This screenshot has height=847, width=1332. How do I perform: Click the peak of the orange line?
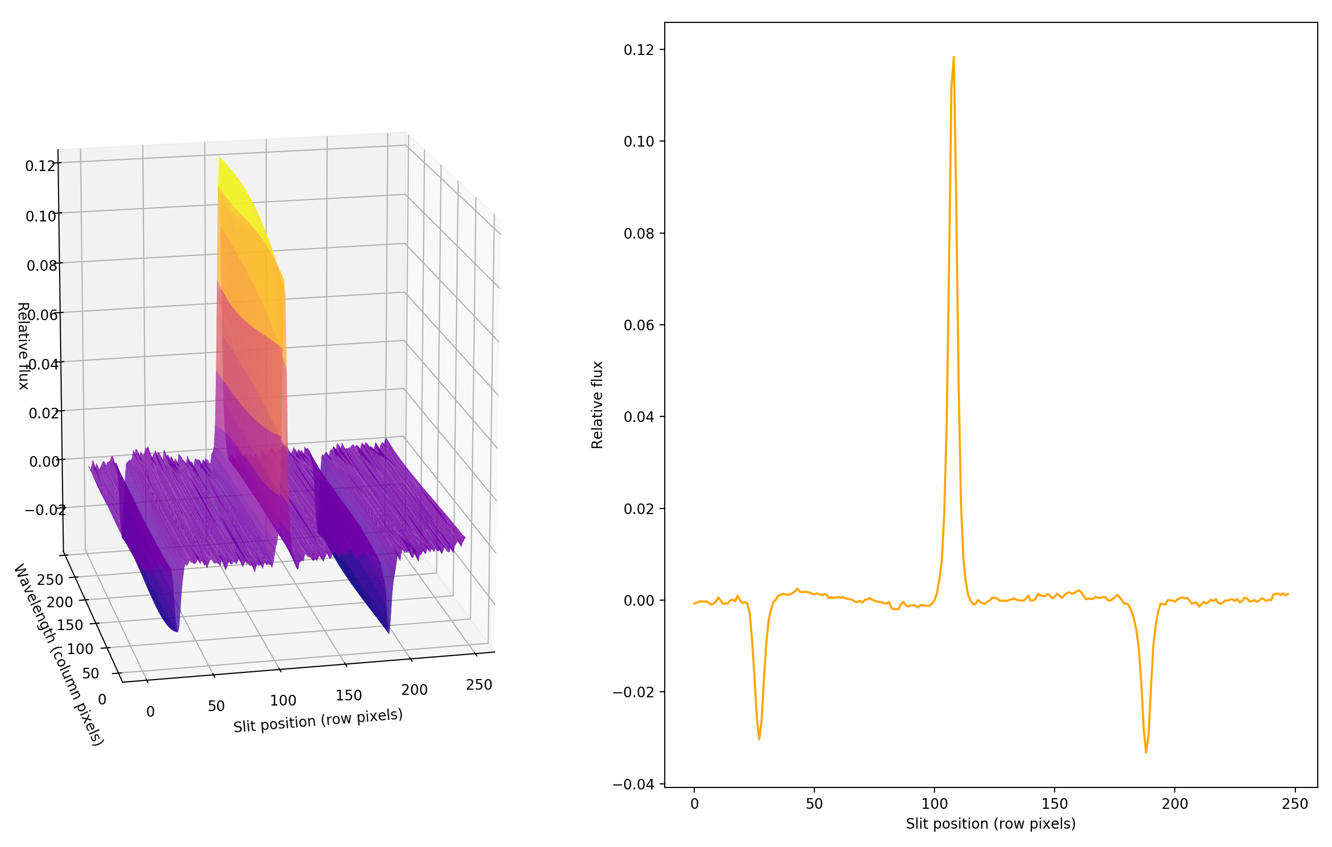click(953, 58)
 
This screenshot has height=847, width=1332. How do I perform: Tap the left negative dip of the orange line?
click(759, 738)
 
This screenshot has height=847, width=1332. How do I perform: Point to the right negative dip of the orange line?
click(1146, 751)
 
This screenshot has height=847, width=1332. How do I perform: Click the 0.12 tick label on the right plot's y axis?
click(638, 50)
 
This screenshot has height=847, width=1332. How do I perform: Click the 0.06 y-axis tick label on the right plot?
click(638, 325)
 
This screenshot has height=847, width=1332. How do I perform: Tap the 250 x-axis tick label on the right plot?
click(1294, 804)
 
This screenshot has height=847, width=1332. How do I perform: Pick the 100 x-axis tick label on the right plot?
click(934, 804)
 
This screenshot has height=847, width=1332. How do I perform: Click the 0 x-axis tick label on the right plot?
click(694, 804)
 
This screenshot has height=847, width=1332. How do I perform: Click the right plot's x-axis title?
click(990, 824)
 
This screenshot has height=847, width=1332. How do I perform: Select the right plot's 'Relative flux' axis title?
click(597, 405)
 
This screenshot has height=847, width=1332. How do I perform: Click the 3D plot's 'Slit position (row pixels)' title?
click(318, 720)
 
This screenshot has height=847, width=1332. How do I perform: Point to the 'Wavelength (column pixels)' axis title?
click(58, 655)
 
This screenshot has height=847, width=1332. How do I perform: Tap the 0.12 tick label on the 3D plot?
click(40, 166)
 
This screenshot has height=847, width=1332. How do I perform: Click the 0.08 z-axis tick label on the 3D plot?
click(42, 266)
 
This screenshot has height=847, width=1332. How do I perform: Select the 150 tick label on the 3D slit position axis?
click(349, 695)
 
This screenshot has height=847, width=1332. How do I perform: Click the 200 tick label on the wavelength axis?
click(59, 602)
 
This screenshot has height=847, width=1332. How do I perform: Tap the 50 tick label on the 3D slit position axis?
click(216, 706)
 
